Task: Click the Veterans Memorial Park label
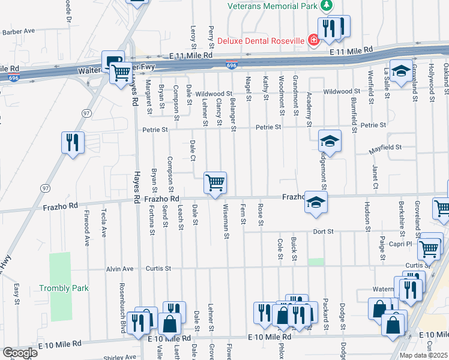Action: pos(273,6)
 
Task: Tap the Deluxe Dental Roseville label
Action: pos(261,41)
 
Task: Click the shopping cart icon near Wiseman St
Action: pos(215,182)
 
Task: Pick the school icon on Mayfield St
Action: pos(329,142)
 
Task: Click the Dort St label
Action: pos(322,231)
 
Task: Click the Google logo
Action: pos(20,353)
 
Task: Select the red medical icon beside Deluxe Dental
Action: pos(313,40)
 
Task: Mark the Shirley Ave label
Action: pos(121,358)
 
